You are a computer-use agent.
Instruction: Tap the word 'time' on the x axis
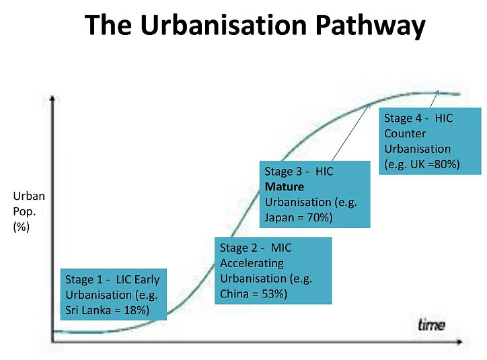[x=431, y=325]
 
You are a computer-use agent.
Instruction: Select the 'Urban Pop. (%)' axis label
[x=28, y=211]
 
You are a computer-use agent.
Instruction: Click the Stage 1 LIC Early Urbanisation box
[x=112, y=294]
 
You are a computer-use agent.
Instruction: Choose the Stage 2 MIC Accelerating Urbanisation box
[x=273, y=271]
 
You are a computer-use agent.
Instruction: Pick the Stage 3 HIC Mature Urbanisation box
[x=315, y=194]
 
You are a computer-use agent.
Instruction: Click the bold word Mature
[x=285, y=186]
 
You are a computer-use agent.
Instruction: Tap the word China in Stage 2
[x=235, y=294]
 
